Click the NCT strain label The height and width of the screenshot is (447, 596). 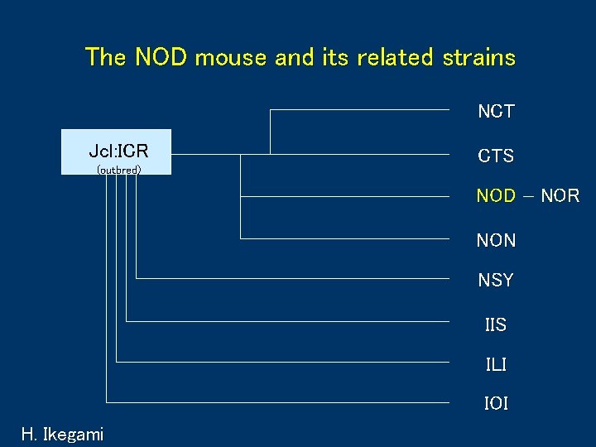(496, 112)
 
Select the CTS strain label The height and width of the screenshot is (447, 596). (496, 156)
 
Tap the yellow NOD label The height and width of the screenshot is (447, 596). (496, 197)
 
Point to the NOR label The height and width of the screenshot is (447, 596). (560, 197)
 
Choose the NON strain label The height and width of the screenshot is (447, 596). (496, 241)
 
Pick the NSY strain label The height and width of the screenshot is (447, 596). (496, 281)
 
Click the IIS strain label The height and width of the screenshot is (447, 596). (496, 324)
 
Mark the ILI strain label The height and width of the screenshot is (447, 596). (496, 364)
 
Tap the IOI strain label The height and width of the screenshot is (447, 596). (496, 404)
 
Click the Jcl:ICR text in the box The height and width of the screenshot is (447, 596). (118, 151)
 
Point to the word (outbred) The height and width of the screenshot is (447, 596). (118, 170)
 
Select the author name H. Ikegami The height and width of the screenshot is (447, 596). (63, 434)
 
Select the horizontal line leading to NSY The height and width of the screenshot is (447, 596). (298, 279)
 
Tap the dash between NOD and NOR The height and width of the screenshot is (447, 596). (528, 197)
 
